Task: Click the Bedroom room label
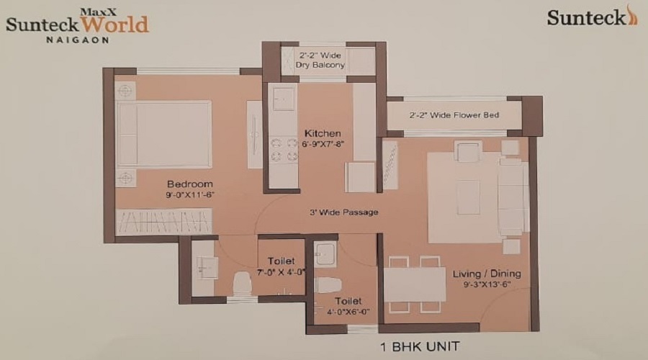pos(190,184)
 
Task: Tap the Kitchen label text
pos(323,134)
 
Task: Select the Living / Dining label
pos(487,274)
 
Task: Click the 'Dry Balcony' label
pos(320,65)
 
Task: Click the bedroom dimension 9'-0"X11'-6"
pos(190,194)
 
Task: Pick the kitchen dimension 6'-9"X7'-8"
pos(323,144)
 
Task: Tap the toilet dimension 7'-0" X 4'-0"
pos(280,272)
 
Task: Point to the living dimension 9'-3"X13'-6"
pos(487,284)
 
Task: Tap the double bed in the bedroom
pos(165,135)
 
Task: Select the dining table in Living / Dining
pos(414,284)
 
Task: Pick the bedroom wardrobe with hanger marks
pos(164,221)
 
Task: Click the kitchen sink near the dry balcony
pos(282,99)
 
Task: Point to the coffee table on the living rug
pos(468,197)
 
